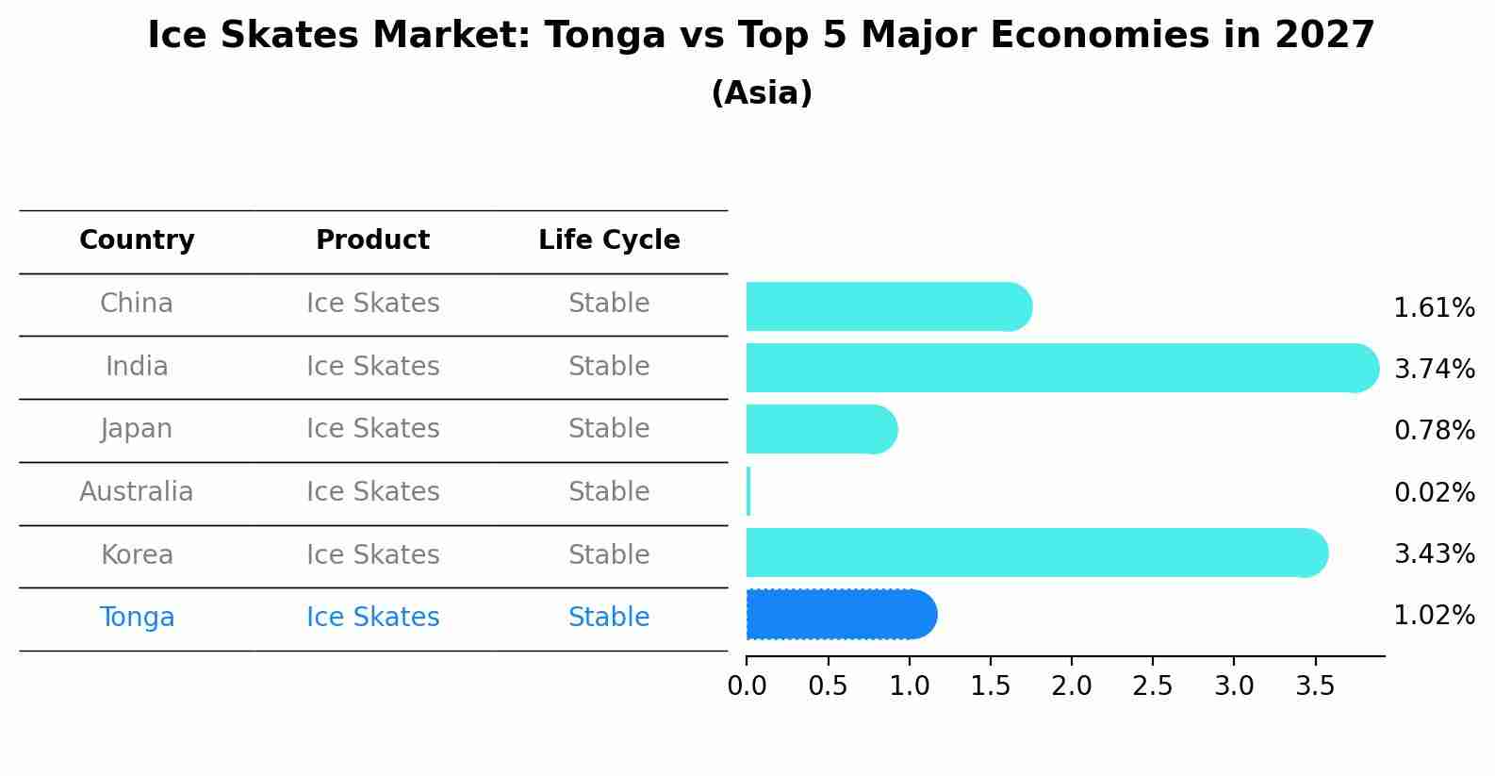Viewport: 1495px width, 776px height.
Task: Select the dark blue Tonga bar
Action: coord(839,615)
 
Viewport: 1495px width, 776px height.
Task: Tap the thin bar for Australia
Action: coord(748,491)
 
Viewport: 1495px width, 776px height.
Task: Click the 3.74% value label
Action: coord(1434,369)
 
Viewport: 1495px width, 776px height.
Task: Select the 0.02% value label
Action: coord(1434,492)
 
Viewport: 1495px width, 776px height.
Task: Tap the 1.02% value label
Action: coord(1434,616)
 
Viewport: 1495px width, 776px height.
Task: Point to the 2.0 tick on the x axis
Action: coord(1072,686)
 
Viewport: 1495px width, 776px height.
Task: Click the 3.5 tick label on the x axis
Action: coord(1315,686)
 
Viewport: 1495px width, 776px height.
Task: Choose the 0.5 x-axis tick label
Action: coord(828,686)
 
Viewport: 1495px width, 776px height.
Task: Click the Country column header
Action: coord(137,240)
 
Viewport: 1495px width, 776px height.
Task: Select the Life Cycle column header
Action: coord(609,240)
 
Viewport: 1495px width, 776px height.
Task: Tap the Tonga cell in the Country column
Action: coord(137,618)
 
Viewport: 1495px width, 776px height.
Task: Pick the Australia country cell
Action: coord(137,492)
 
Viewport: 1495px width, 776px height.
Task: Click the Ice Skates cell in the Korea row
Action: coord(372,554)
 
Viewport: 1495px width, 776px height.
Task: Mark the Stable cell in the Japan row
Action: coord(609,429)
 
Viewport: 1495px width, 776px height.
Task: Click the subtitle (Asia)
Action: coord(762,93)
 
